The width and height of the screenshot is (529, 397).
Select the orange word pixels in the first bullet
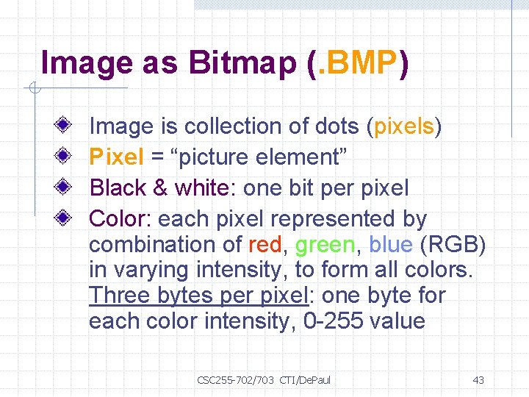(404, 126)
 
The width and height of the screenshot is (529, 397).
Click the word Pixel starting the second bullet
(114, 157)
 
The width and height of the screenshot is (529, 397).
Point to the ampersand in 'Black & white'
(160, 188)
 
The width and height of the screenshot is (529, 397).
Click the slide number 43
(478, 380)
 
